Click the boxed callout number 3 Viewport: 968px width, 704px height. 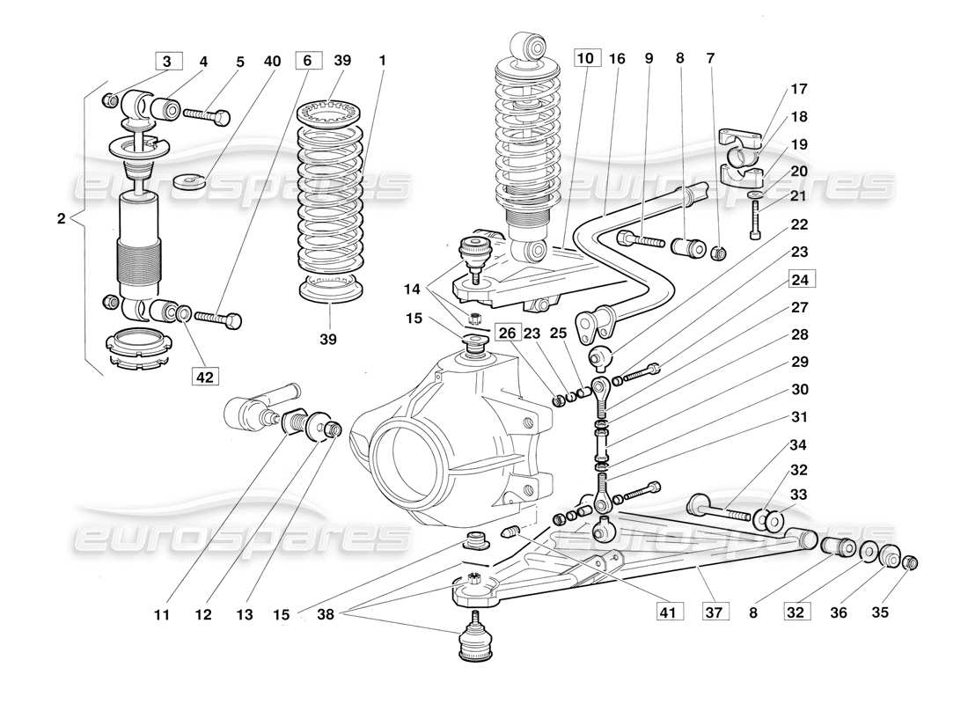[168, 62]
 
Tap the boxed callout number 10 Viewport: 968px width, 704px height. [586, 59]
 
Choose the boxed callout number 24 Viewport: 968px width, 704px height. [801, 280]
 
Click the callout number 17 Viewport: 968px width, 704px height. [798, 89]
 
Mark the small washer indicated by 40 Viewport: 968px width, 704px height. [189, 181]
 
